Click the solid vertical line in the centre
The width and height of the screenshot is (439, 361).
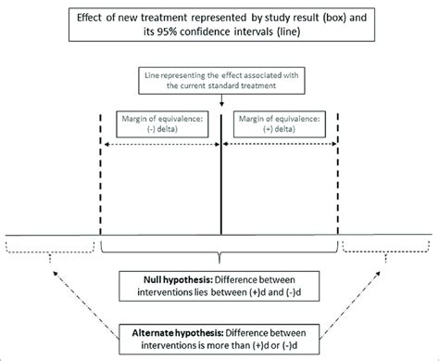click(220, 186)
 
